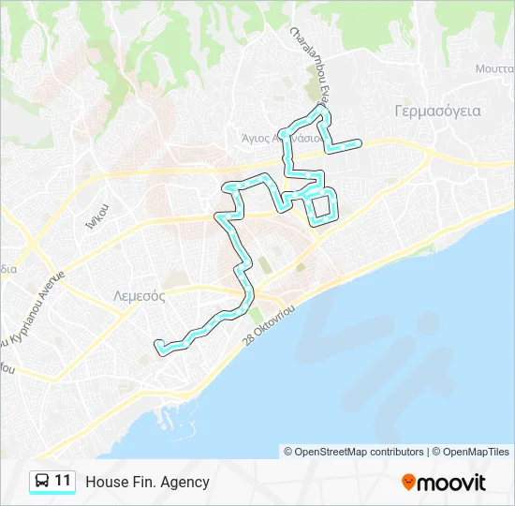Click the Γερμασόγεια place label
pos(437,111)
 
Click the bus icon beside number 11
pos(42,482)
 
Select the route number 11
pos(63,482)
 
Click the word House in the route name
pos(105,483)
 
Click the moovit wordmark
pos(452,483)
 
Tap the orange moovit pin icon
pos(408,483)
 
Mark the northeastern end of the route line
pos(359,142)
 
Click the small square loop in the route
pos(323,206)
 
